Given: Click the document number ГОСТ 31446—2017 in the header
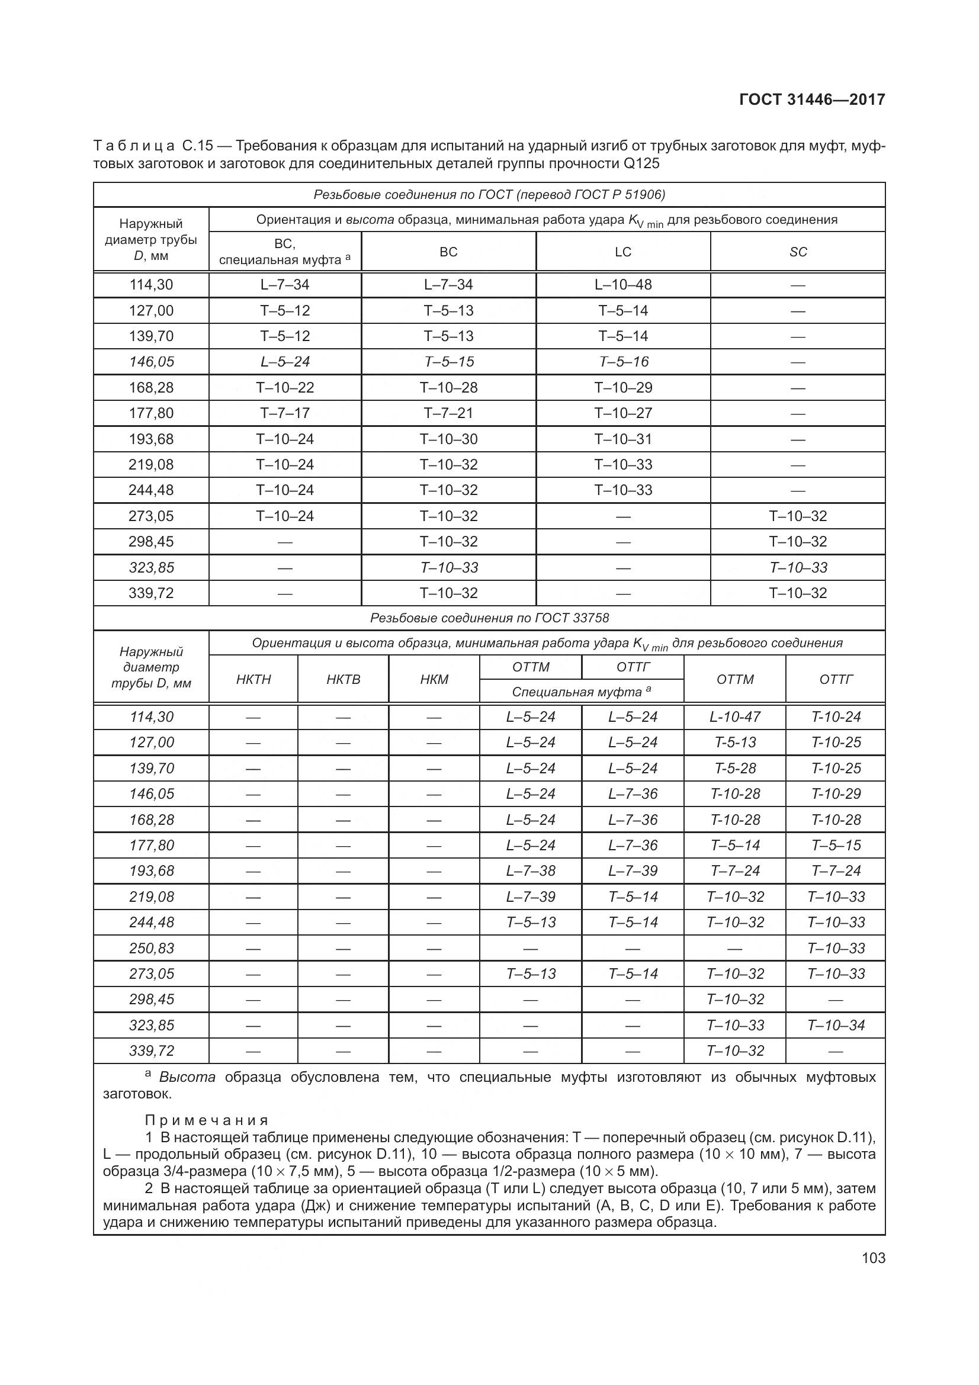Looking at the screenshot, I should (812, 99).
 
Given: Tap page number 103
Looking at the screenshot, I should (873, 1258).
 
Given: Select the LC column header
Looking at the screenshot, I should (622, 252).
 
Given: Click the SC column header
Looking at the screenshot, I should (797, 252).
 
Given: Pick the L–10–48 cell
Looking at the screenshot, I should (622, 285).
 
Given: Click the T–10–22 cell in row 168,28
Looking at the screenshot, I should (285, 387).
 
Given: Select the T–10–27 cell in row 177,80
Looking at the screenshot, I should (622, 413).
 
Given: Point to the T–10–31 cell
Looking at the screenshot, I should (622, 439).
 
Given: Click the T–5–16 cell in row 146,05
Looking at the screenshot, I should (622, 362).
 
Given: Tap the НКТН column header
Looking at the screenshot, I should (253, 679).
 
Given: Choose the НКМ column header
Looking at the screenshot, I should (434, 679).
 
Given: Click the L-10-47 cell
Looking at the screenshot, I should (735, 716).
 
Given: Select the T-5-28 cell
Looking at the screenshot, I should (735, 768).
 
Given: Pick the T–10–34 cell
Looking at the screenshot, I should (836, 1025).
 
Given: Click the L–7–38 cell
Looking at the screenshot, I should (530, 870).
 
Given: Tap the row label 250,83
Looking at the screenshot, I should (151, 948).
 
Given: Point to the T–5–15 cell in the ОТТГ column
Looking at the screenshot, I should (836, 845).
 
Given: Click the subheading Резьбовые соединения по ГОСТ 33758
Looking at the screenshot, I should (489, 618).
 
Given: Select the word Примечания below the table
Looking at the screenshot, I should (206, 1120).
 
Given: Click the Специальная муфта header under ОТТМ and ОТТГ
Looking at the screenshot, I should (581, 691).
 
